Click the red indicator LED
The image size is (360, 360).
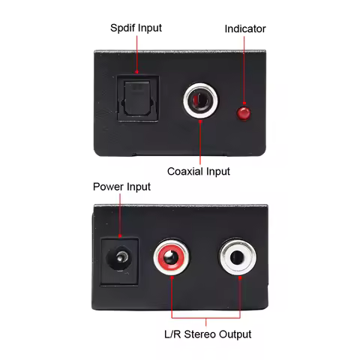243,113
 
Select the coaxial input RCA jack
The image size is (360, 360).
200,100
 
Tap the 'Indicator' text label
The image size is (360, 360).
245,28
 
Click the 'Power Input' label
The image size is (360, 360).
121,187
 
